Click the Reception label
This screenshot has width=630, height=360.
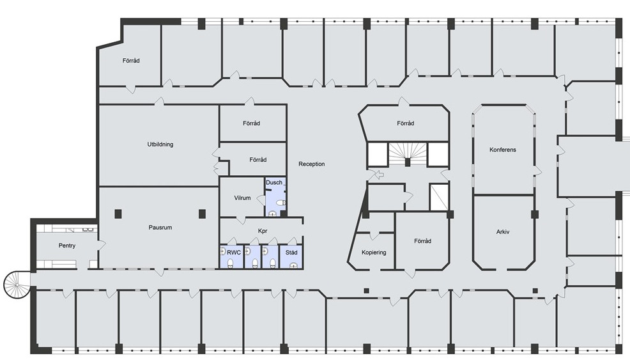[x=311, y=164]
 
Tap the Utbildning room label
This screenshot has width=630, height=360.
[x=160, y=145]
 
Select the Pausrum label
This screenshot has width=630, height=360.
[x=160, y=228]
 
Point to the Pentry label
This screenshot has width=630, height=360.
[x=66, y=246]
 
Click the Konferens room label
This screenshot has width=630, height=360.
[x=503, y=150]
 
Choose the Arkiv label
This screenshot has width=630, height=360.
[x=503, y=232]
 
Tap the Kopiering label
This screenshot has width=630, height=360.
[x=374, y=253]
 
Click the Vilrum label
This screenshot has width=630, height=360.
[x=242, y=198]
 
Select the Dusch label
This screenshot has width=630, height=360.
[x=274, y=183]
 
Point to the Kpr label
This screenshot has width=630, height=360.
[x=263, y=231]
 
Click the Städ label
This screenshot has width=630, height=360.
[x=291, y=253]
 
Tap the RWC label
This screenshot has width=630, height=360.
[x=233, y=253]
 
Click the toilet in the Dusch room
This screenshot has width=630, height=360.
[x=282, y=203]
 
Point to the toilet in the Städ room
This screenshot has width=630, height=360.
[x=295, y=265]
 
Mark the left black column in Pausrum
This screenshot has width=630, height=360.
[x=118, y=214]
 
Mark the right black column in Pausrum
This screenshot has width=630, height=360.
[x=202, y=214]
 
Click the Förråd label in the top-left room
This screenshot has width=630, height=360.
[x=131, y=61]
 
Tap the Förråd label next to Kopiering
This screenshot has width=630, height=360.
[x=423, y=241]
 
